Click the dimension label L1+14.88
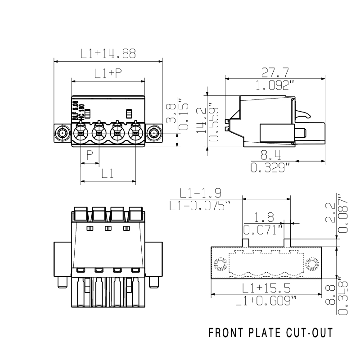(108, 54)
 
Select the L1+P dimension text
(108, 73)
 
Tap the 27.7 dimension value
(275, 72)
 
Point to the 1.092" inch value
(275, 85)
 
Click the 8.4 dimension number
(271, 156)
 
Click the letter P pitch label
(90, 156)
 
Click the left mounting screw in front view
(62, 133)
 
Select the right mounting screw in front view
(154, 133)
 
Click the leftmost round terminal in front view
(81, 133)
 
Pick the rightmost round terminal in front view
(135, 133)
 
